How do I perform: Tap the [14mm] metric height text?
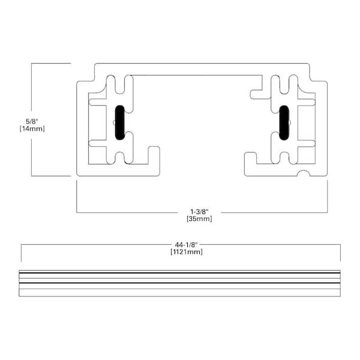tap(31, 128)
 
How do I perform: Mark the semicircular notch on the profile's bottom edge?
tap(305, 174)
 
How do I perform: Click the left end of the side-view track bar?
tap(20, 283)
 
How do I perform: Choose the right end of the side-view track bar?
tap(340, 283)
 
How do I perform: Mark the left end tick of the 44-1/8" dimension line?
tap(21, 253)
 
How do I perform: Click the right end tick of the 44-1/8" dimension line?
tap(340, 253)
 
